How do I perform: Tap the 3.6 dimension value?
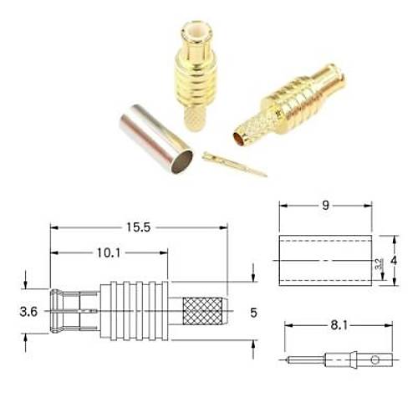(29, 313)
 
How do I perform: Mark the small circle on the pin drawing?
(375, 360)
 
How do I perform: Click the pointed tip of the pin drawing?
(287, 361)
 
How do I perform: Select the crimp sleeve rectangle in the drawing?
(324, 261)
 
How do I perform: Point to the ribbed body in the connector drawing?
(133, 312)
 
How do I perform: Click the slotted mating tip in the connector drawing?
(67, 312)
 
